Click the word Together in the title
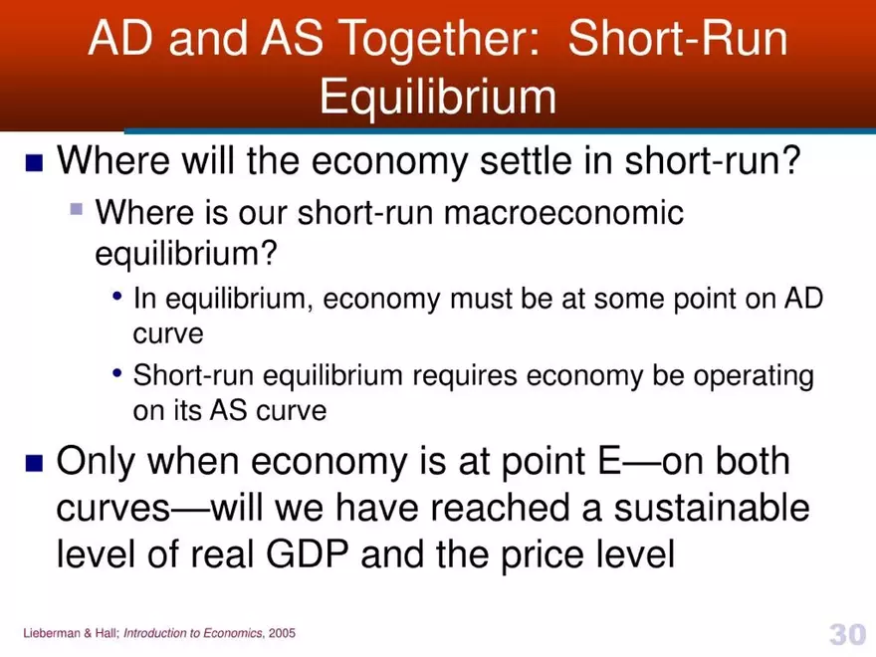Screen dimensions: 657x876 point(439,40)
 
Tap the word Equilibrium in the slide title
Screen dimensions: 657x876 point(438,98)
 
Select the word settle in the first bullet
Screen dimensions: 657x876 point(520,161)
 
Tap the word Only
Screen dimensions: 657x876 point(99,462)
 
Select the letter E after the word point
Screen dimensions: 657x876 point(608,462)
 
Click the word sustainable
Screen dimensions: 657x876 point(711,509)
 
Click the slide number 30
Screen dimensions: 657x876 point(846,633)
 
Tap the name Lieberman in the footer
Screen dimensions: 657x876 point(49,634)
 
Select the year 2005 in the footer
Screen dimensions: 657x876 point(282,634)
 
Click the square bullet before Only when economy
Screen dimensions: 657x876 point(35,463)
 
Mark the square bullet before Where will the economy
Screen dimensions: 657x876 point(35,162)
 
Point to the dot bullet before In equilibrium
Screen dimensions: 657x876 point(118,298)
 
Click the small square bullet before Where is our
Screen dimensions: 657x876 point(76,210)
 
